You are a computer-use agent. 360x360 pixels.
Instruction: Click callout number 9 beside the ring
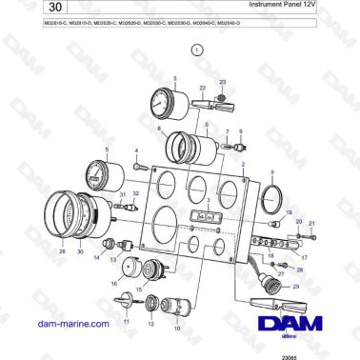(x=272, y=171)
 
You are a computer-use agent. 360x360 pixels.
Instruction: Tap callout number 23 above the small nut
(x=223, y=83)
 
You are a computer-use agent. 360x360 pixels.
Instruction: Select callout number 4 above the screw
(x=136, y=150)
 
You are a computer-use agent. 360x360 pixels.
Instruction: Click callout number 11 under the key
(x=122, y=323)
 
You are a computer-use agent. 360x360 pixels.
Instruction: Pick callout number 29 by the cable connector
(x=295, y=286)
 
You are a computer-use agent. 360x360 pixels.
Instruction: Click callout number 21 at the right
(x=310, y=222)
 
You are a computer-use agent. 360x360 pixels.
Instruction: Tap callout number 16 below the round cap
(x=114, y=283)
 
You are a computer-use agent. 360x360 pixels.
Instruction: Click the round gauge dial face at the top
(x=164, y=103)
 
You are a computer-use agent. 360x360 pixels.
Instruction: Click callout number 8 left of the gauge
(x=159, y=129)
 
